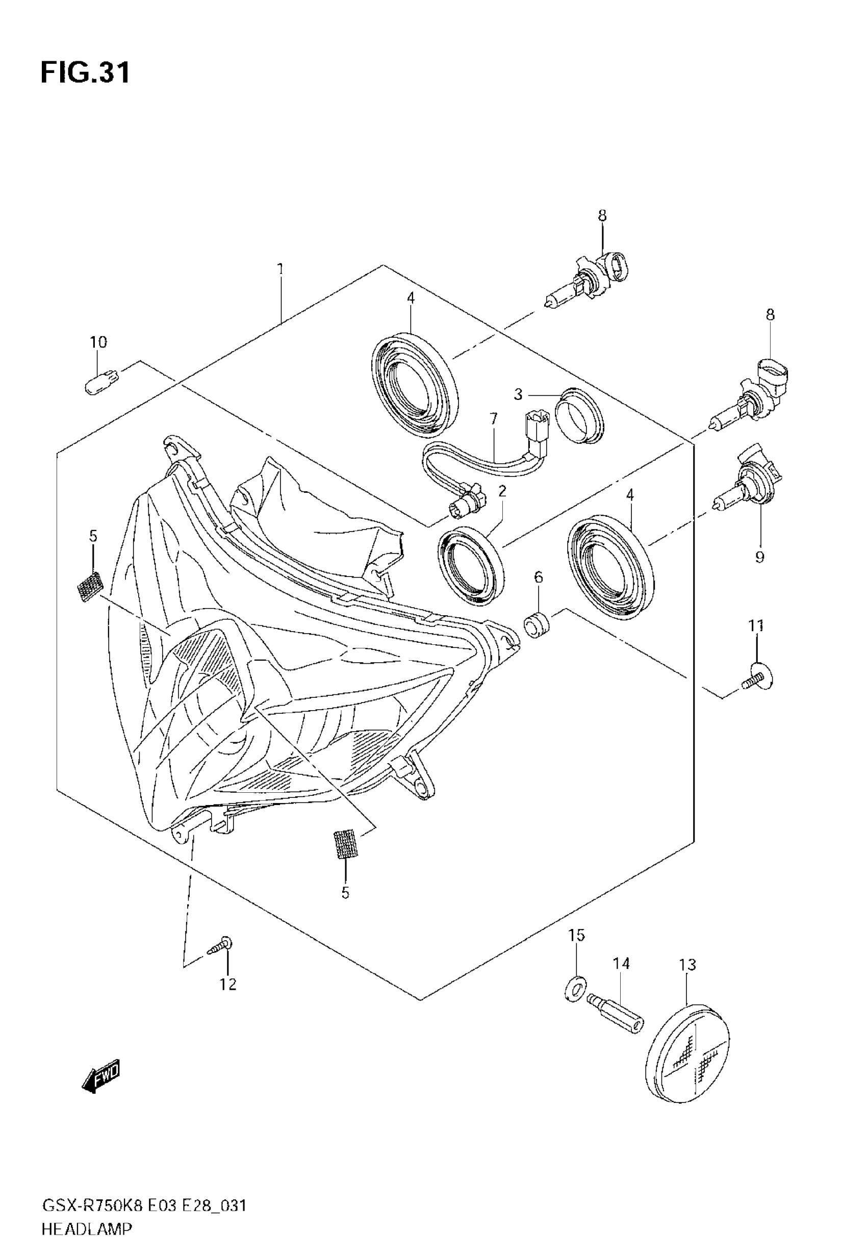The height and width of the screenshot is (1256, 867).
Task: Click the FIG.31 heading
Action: [x=85, y=72]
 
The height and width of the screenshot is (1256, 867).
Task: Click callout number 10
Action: [x=98, y=342]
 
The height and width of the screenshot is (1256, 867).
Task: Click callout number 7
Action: [x=493, y=419]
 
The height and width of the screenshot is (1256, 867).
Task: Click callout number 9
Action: [x=759, y=557]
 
